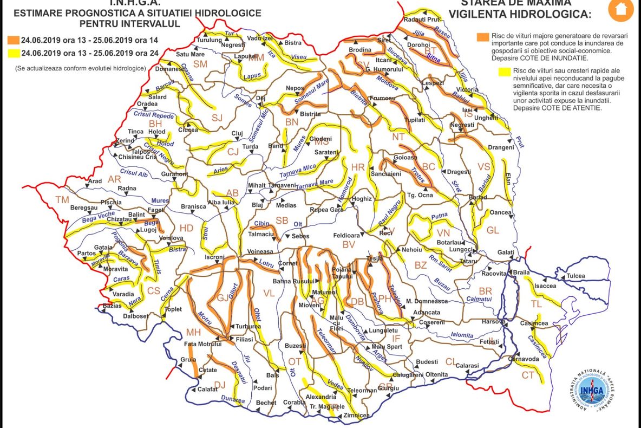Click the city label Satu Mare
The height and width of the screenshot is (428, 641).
pyautogui.click(x=190, y=54)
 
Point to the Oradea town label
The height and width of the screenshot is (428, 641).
pyautogui.click(x=147, y=104)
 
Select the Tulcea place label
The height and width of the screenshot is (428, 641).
pyautogui.click(x=575, y=276)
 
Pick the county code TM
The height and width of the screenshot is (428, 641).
pyautogui.click(x=62, y=200)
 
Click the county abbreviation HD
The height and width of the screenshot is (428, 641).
pyautogui.click(x=186, y=228)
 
